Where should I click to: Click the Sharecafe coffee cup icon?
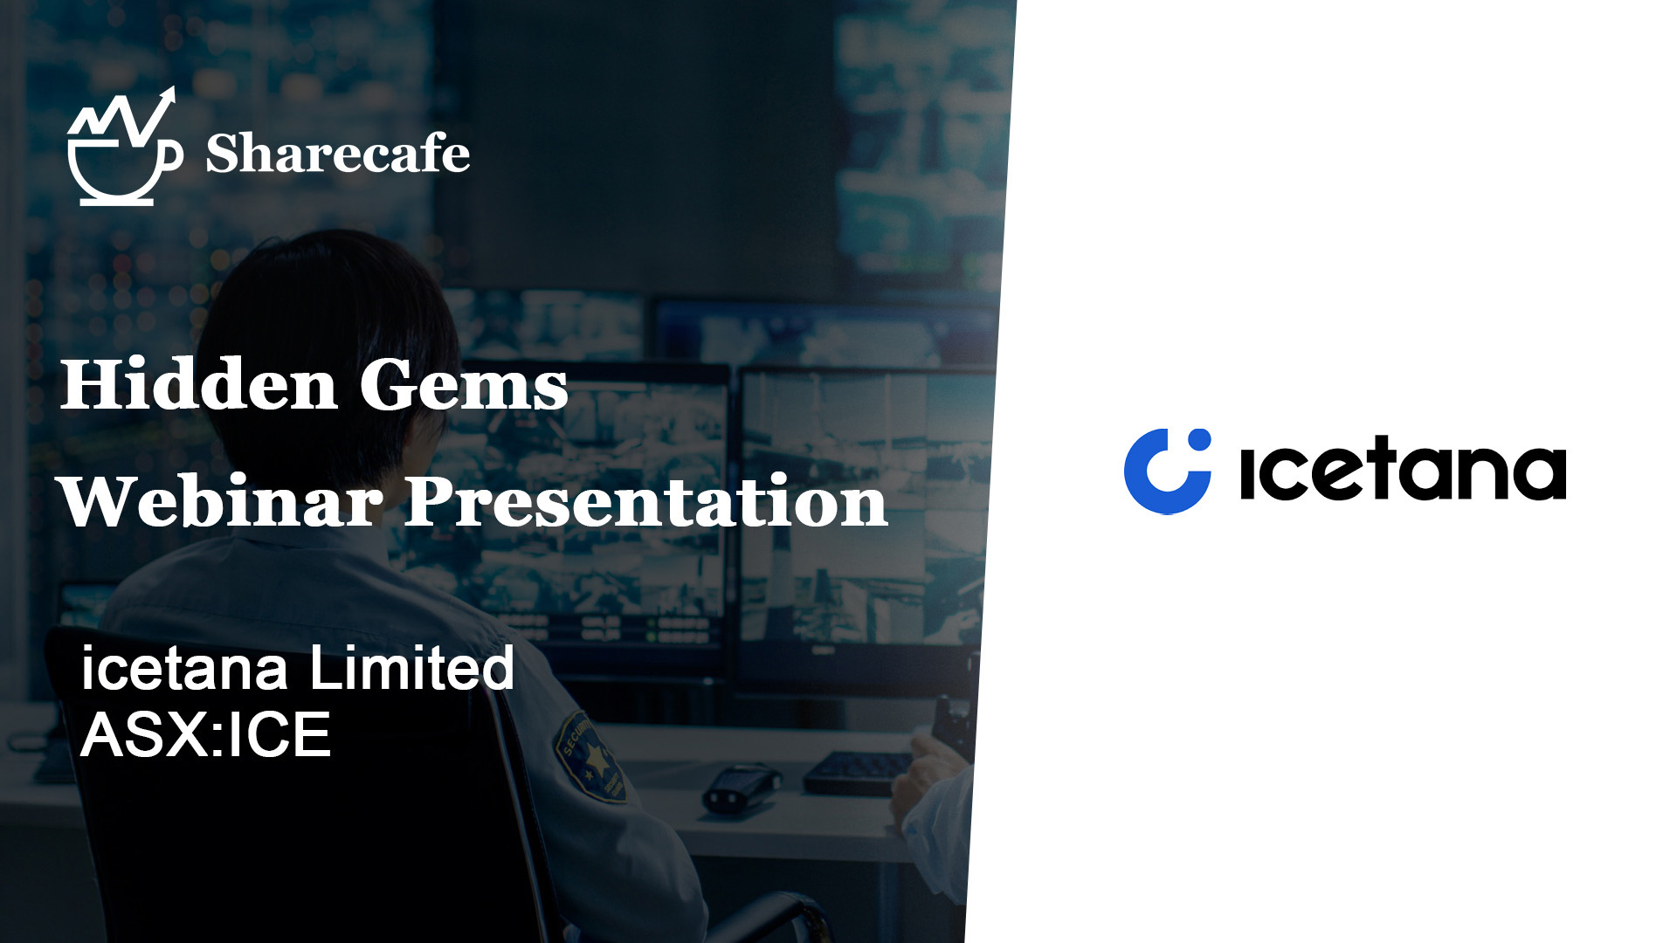[x=124, y=147]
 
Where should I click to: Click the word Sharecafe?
[x=338, y=154]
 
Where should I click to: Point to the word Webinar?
[x=221, y=501]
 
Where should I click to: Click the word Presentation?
[x=646, y=501]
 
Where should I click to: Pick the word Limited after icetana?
[x=411, y=668]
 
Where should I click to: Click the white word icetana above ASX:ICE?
[x=184, y=670]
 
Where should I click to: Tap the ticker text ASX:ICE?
[x=206, y=734]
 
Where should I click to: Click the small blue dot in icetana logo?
[x=1200, y=439]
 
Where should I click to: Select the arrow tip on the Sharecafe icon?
[x=169, y=94]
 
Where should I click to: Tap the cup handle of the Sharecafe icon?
[x=172, y=155]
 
